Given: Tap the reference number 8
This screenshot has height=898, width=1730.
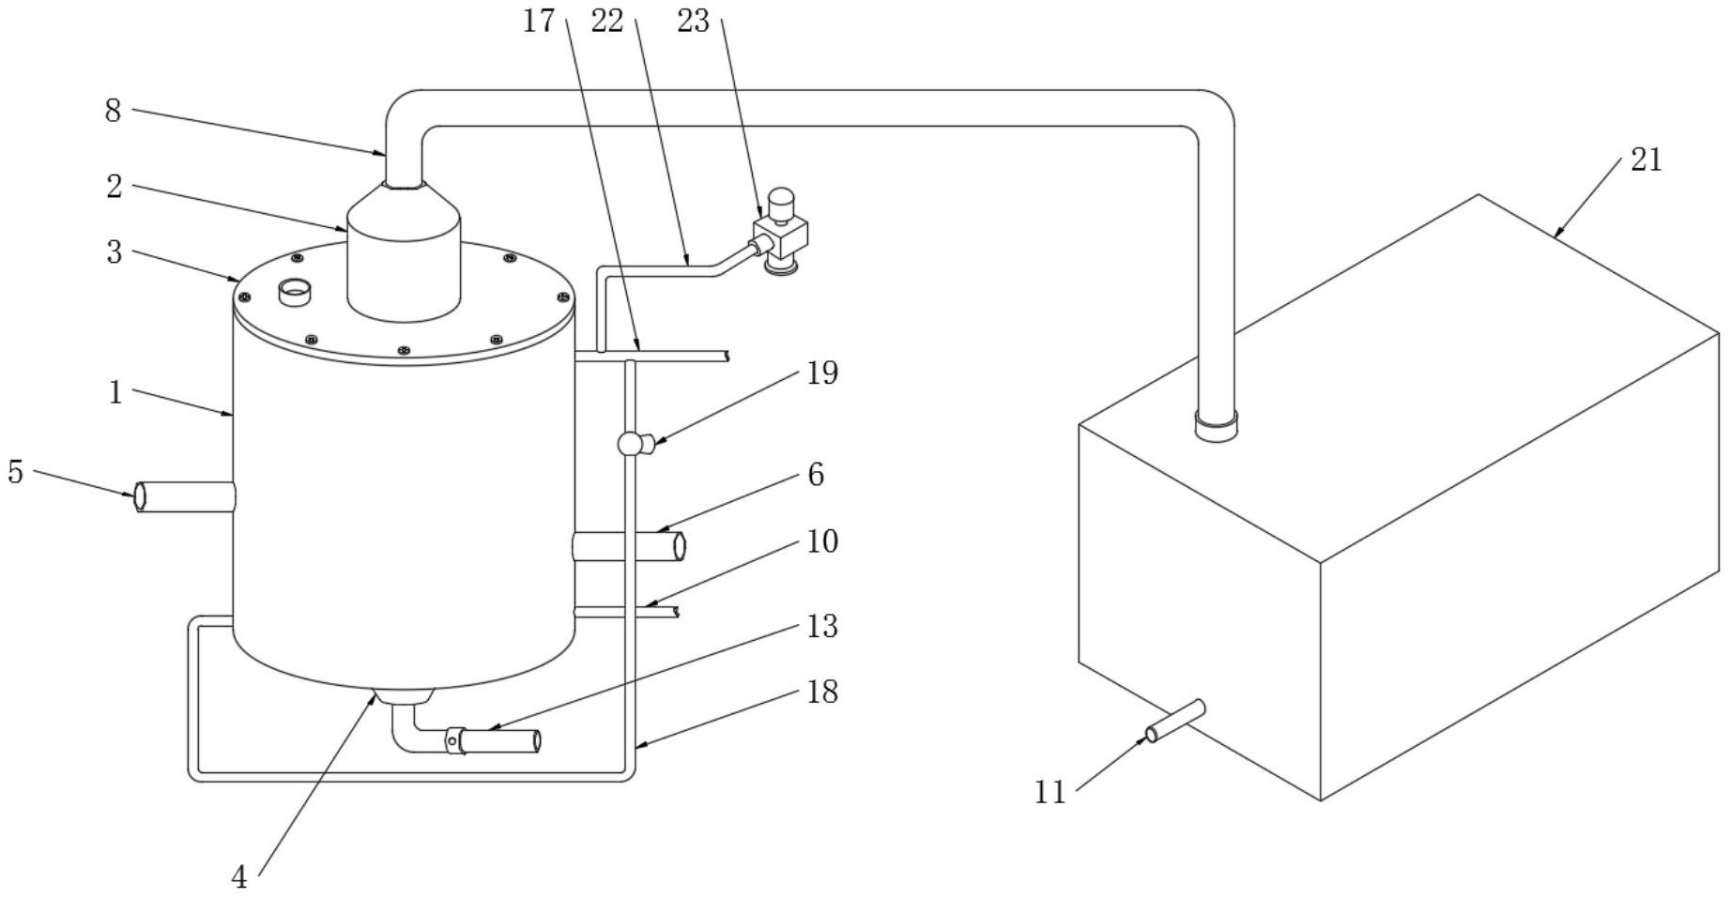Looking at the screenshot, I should [x=113, y=111].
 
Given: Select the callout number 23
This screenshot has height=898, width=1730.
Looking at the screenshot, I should [x=693, y=21].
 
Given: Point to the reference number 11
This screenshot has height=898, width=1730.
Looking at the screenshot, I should [x=1050, y=793].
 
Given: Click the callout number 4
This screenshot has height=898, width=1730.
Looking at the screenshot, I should [x=239, y=877].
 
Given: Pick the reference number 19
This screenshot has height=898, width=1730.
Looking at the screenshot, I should [x=822, y=373].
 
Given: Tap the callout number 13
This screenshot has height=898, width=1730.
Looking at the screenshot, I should [x=822, y=626].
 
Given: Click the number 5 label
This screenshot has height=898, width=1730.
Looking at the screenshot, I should [x=15, y=471].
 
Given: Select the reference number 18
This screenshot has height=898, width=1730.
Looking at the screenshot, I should [x=822, y=693].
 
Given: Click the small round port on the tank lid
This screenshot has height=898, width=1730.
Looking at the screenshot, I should [x=296, y=292].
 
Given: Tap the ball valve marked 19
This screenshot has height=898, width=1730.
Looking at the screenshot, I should [x=631, y=442].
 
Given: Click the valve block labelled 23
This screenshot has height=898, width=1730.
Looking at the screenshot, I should [x=781, y=233].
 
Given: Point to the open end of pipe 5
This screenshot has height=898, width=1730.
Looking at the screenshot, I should [x=140, y=496].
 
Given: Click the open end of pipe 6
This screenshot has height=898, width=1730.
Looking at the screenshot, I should [x=679, y=545].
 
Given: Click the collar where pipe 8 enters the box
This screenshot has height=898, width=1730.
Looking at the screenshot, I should [x=1216, y=426].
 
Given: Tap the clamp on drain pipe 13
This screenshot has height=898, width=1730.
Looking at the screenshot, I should [x=454, y=740].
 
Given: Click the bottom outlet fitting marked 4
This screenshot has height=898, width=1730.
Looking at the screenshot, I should [x=404, y=696].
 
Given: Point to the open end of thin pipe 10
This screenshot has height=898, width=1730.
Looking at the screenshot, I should [x=676, y=612].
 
